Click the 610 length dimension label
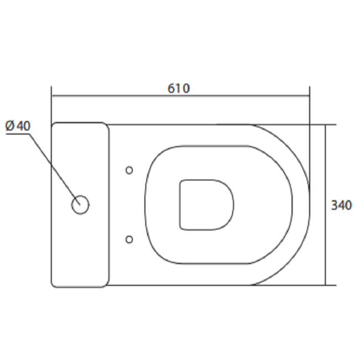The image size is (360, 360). (x=179, y=89)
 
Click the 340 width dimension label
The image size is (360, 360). (x=341, y=205)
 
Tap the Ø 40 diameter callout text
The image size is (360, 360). (x=18, y=126)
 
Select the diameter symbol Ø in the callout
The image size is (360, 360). (x=10, y=126)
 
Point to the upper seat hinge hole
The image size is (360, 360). (x=129, y=170)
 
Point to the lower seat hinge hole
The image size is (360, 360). (x=129, y=239)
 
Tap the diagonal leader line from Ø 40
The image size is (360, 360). (x=55, y=169)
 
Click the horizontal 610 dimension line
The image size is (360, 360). (x=181, y=95)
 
